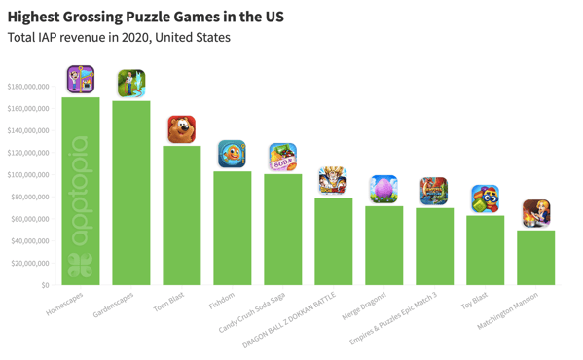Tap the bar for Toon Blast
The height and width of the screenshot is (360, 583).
click(x=182, y=215)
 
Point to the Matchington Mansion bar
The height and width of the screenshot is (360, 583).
click(x=535, y=257)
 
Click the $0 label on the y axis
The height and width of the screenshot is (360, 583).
click(x=44, y=286)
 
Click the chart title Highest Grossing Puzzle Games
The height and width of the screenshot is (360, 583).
click(x=145, y=17)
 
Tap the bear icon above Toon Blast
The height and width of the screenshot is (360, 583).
click(x=182, y=128)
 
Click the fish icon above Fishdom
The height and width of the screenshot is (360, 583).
click(x=232, y=154)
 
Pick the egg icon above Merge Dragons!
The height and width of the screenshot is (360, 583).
click(x=383, y=189)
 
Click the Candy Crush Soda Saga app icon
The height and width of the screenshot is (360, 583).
click(x=283, y=157)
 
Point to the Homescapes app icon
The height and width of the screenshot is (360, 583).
click(x=81, y=79)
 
